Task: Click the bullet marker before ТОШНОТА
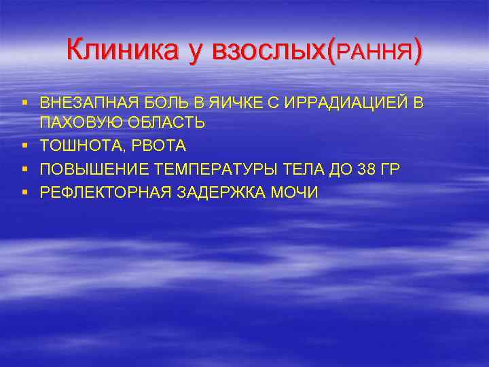(24, 146)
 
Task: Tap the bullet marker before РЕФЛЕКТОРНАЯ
(24, 192)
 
